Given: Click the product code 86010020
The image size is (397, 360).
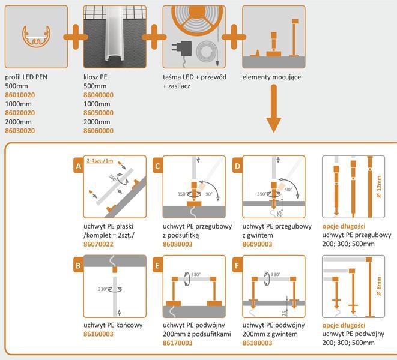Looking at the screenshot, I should pos(20,95).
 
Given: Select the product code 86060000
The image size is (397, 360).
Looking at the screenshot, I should pos(98,130).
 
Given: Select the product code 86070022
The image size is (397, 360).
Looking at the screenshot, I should pos(100,245).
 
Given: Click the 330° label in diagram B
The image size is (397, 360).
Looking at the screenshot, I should pos(104,289).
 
